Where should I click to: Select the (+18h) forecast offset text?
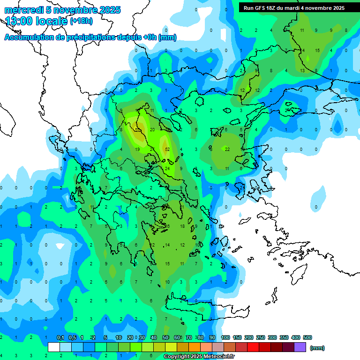point(81,21)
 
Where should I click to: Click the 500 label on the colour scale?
point(307,337)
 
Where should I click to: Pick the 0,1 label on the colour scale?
point(60,337)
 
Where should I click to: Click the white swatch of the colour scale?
point(54,347)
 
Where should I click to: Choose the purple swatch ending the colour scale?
point(300,347)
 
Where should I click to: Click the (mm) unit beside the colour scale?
point(317,348)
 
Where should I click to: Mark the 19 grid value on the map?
point(137,149)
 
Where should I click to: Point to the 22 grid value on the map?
point(227,149)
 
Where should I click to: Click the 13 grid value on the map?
point(302,70)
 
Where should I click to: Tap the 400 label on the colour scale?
point(295,337)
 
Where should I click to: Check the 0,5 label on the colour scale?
point(72,337)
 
